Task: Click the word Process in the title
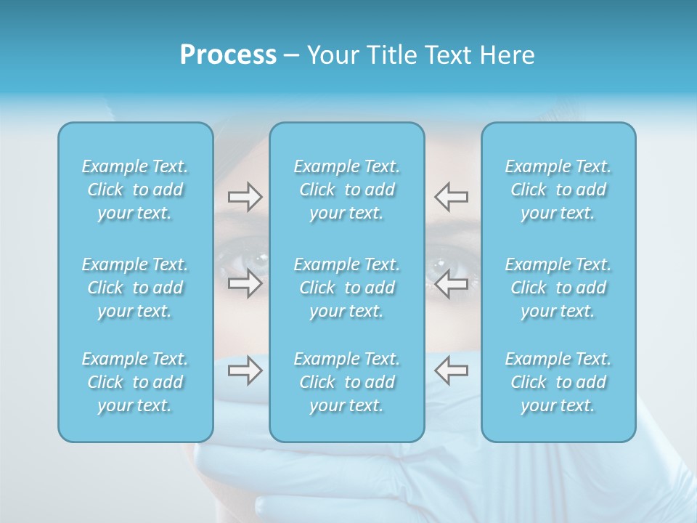click(228, 55)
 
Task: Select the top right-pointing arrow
click(245, 197)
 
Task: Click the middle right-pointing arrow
click(245, 283)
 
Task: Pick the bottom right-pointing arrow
click(245, 371)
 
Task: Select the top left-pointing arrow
click(451, 197)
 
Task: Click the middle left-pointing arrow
click(451, 283)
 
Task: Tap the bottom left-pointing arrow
click(451, 371)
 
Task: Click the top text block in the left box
click(135, 190)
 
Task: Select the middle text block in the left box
click(135, 288)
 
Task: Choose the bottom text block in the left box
click(135, 382)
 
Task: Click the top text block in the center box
click(347, 190)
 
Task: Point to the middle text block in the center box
click(347, 288)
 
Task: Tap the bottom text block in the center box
click(347, 382)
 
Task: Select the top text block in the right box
click(558, 190)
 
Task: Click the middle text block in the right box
click(558, 288)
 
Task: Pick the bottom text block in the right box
click(558, 382)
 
